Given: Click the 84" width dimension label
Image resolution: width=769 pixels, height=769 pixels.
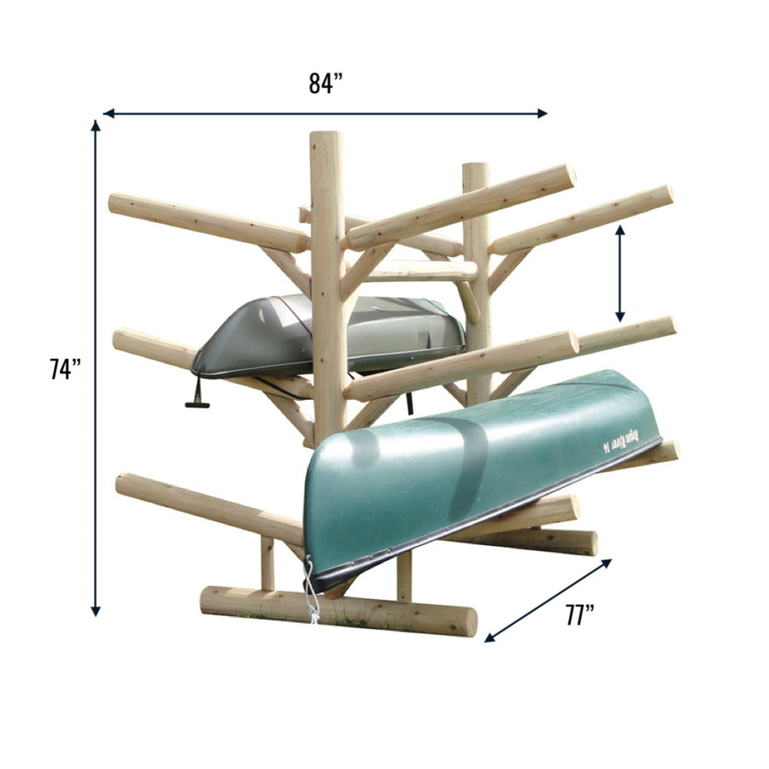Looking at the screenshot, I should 326,84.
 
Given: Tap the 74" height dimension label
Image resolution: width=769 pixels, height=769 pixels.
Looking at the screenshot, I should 65,369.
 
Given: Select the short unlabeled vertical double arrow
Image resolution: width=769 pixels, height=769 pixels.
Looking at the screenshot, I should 620,273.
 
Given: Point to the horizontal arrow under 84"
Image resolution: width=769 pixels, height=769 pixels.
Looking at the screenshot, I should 325,113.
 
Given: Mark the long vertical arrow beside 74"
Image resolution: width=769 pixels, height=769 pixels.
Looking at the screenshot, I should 96,367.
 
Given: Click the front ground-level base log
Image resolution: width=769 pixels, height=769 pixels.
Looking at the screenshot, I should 338,610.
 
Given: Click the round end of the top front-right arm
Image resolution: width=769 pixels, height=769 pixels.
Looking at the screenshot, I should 564,178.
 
